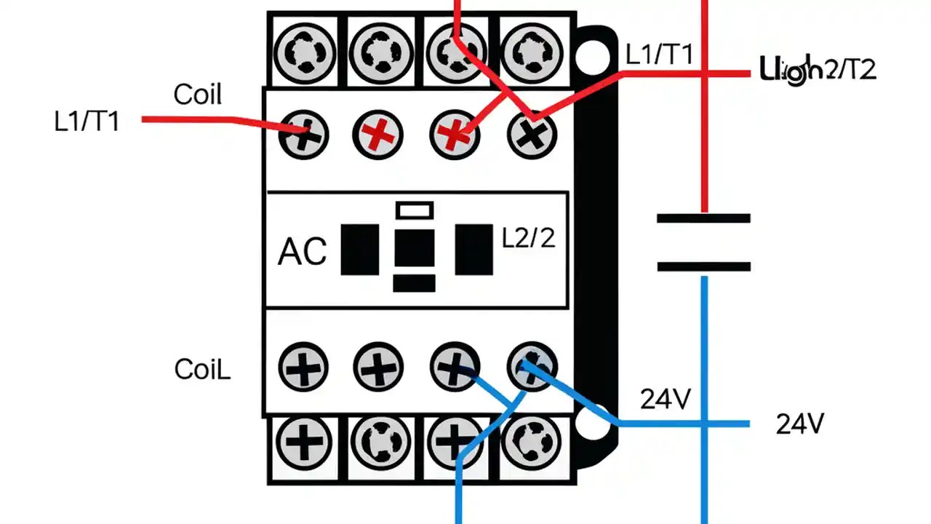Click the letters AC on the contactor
click(302, 252)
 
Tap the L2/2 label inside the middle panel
click(529, 238)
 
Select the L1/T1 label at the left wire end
click(87, 122)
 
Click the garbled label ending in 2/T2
click(818, 69)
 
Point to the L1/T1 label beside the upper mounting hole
click(659, 55)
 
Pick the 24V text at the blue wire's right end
click(800, 424)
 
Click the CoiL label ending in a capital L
click(202, 370)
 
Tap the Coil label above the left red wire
click(197, 95)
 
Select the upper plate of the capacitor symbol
click(703, 218)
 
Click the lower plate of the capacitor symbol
click(703, 266)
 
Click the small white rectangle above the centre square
click(414, 210)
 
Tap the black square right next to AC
click(360, 250)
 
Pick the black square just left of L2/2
click(474, 250)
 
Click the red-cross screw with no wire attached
click(377, 135)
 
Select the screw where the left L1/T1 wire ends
click(303, 135)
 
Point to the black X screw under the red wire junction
click(532, 135)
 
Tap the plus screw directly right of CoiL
click(303, 366)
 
